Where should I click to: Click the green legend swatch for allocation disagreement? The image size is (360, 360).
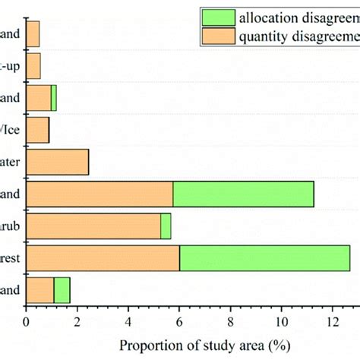[x=217, y=16]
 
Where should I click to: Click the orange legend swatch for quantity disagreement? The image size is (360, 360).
[x=217, y=36]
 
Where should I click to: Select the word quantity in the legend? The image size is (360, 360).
[x=269, y=36]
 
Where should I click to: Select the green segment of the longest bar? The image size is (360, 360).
[x=264, y=258]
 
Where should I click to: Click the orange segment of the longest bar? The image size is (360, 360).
[x=103, y=258]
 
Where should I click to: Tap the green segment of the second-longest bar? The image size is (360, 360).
[x=243, y=194]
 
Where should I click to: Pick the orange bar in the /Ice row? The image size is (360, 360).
[x=37, y=130]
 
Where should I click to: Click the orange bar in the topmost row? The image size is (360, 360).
[x=33, y=34]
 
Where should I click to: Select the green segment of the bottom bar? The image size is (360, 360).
[x=62, y=290]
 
